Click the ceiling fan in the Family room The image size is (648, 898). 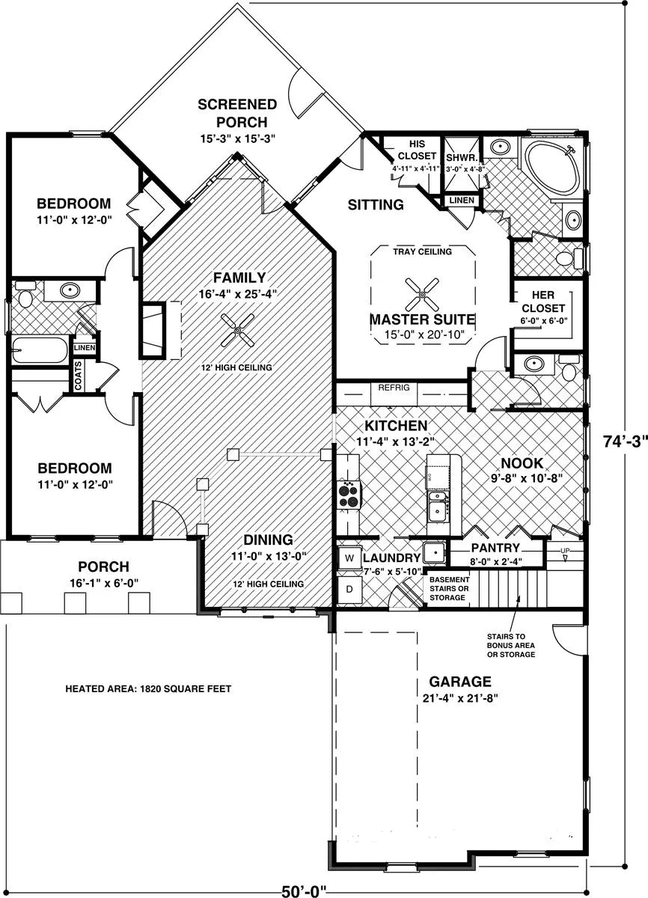(x=238, y=330)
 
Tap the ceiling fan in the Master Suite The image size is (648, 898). (x=421, y=295)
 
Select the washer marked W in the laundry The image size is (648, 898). (x=349, y=558)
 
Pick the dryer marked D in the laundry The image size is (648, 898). (x=349, y=590)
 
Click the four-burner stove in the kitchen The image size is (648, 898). (x=348, y=495)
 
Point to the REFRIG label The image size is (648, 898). (x=394, y=388)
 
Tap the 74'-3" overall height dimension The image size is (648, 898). (x=625, y=442)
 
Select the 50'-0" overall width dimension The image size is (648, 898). (x=304, y=891)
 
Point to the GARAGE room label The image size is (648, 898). (x=460, y=682)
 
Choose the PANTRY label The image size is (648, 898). (x=495, y=548)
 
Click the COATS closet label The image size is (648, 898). (x=78, y=376)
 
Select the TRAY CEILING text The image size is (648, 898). (x=422, y=251)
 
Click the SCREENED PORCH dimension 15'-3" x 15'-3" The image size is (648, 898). (x=238, y=138)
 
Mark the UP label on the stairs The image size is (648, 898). (x=565, y=551)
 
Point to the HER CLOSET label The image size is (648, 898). (x=543, y=302)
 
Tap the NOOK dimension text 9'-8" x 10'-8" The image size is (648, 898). (x=527, y=478)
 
